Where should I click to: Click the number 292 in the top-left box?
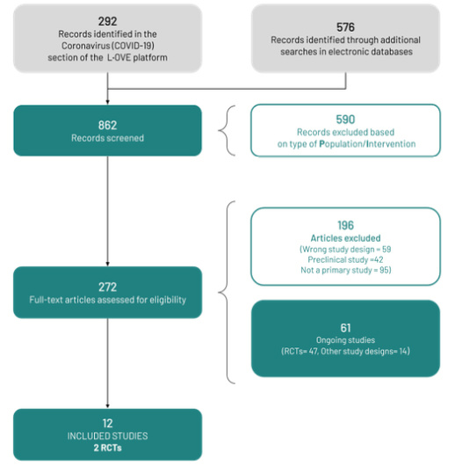click(107, 21)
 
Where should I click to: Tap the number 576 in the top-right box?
click(345, 27)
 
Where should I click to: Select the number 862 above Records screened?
click(107, 125)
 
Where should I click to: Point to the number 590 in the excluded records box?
click(345, 120)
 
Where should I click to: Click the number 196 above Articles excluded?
click(345, 225)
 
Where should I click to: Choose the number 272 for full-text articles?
click(107, 288)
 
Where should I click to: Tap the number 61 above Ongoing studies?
click(345, 328)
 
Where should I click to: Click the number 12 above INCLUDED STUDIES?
click(107, 423)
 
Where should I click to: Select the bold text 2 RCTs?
click(107, 448)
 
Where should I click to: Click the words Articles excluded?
click(345, 238)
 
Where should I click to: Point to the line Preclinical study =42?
click(345, 259)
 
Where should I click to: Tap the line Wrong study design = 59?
click(345, 249)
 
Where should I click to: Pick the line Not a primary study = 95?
click(346, 270)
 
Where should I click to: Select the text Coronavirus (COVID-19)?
click(107, 46)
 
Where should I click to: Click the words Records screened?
click(107, 138)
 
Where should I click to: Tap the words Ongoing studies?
click(345, 340)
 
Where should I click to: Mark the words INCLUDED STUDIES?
click(107, 436)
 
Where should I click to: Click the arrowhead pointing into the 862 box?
click(107, 102)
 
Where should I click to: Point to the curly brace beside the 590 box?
click(227, 130)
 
